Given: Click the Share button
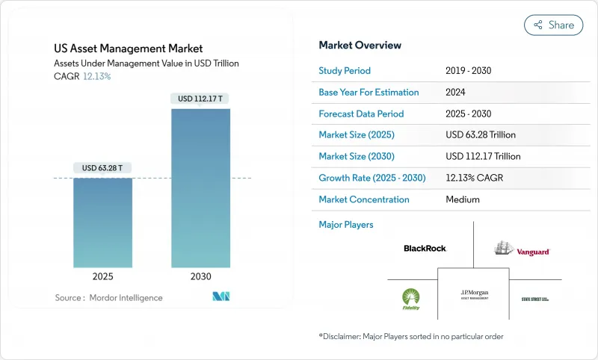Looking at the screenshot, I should (554, 25).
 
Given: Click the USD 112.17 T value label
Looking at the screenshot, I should (200, 99).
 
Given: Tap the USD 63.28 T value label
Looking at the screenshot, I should (102, 168).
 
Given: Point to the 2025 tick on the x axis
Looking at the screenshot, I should (102, 276).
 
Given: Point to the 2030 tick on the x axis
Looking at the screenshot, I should (200, 276).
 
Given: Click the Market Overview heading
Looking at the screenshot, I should (360, 45).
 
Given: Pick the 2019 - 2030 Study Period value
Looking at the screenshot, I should (468, 71).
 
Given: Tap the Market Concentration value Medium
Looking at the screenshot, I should (462, 199).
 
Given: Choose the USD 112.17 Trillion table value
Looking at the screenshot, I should (483, 157).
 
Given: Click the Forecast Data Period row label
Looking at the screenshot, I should (361, 114).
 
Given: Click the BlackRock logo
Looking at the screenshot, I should (425, 248).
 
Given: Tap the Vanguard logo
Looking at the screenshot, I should (522, 249).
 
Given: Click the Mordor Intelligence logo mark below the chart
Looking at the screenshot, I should (221, 297).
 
